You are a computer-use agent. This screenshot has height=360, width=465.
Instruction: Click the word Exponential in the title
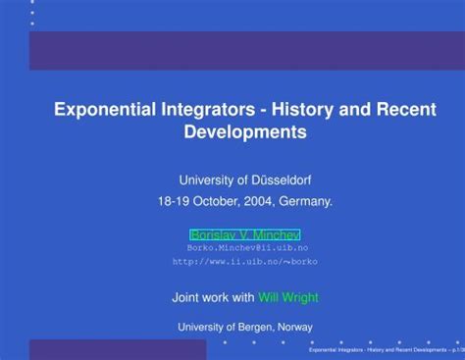click(103, 110)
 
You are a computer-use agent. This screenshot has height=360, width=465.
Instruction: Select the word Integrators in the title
click(203, 110)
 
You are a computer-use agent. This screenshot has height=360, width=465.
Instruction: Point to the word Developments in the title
click(245, 131)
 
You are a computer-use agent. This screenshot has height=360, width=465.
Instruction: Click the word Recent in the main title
click(404, 110)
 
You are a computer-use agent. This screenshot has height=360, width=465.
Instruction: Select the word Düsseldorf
click(281, 180)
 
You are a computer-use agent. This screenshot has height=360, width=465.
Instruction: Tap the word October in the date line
click(210, 201)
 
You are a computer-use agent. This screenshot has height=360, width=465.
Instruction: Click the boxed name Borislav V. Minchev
click(244, 235)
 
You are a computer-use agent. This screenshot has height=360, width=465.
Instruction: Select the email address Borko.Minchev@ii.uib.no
click(246, 248)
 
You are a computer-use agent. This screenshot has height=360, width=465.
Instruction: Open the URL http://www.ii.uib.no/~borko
click(244, 262)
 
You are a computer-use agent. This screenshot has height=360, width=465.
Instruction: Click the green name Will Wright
click(287, 297)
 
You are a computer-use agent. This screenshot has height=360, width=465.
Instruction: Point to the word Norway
click(294, 327)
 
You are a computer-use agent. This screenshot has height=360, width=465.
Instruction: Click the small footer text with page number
click(384, 349)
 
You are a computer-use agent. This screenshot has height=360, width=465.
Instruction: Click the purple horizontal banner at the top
click(246, 50)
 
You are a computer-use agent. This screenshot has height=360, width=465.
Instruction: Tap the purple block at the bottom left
click(117, 349)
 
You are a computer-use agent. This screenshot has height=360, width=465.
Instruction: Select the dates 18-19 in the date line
click(173, 201)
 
